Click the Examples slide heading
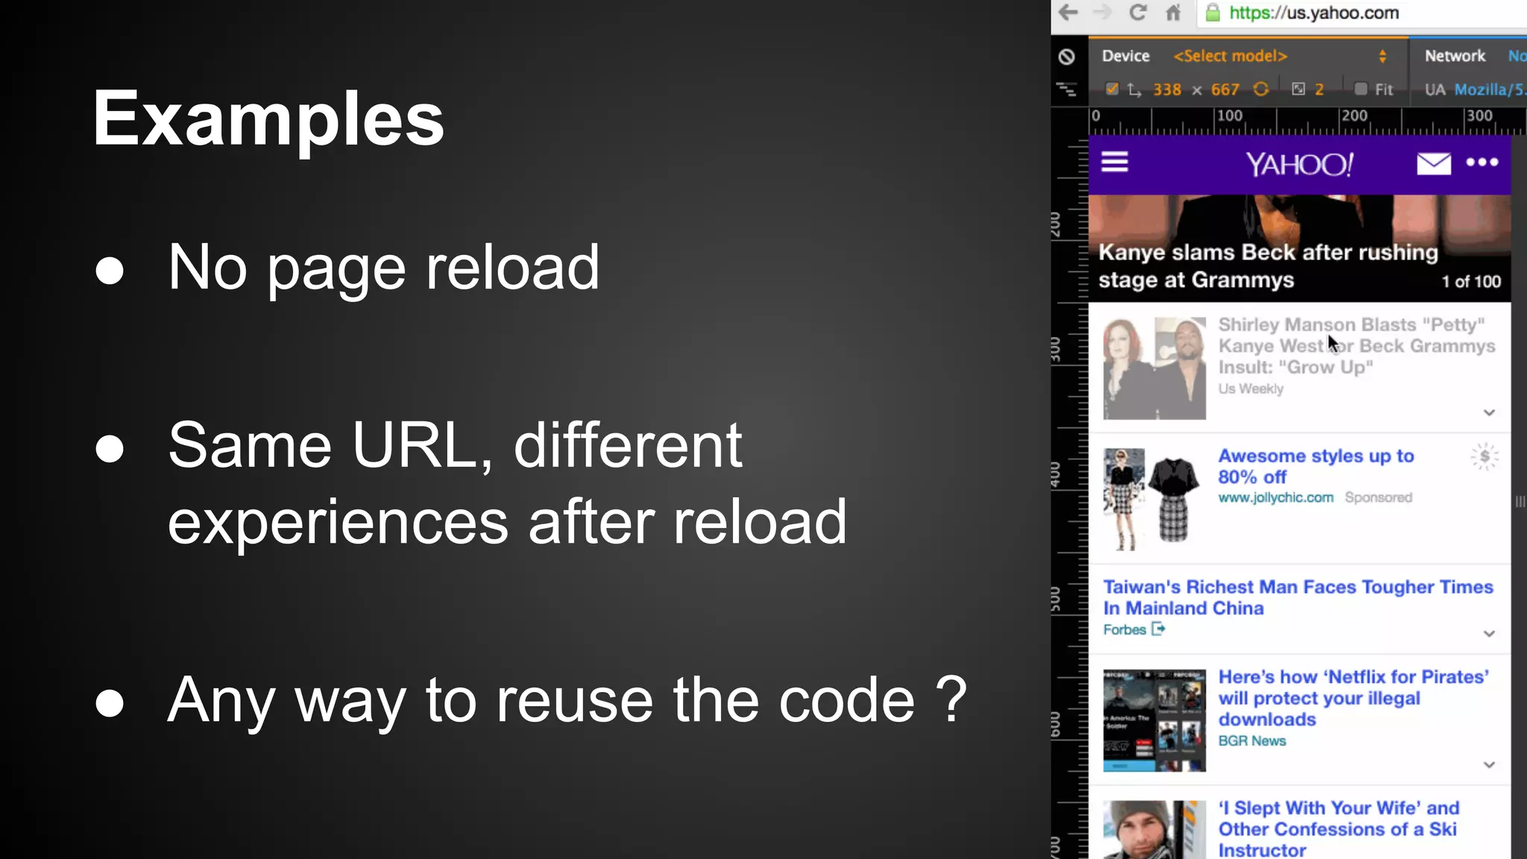click(x=268, y=119)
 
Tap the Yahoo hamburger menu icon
click(x=1115, y=162)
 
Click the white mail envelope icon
click(x=1433, y=163)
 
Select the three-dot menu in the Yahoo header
click(x=1482, y=162)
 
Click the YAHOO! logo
click(x=1300, y=164)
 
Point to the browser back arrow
click(x=1068, y=13)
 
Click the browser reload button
click(x=1138, y=13)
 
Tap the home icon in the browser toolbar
click(x=1174, y=13)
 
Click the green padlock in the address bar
click(x=1213, y=13)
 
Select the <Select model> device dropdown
click(x=1230, y=56)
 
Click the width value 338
click(x=1167, y=89)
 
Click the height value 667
click(x=1225, y=89)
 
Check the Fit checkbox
click(x=1361, y=89)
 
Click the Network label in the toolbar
click(x=1455, y=56)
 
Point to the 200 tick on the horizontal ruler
click(x=1354, y=116)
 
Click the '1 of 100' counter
click(x=1471, y=281)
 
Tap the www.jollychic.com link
click(x=1276, y=497)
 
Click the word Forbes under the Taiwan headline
click(x=1124, y=629)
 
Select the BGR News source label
click(x=1252, y=740)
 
